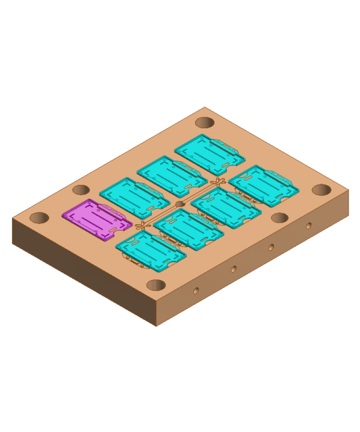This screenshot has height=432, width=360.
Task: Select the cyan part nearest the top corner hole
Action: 209,155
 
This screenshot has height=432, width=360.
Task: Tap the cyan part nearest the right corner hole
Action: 263,185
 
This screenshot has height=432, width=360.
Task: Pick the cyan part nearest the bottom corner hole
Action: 151,250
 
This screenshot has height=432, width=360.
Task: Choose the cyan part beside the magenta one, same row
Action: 134,198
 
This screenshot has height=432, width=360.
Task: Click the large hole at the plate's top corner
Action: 205,123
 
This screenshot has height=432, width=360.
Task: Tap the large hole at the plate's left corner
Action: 39,218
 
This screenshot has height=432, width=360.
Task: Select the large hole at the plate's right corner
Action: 322,190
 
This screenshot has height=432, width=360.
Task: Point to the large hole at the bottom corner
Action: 156,285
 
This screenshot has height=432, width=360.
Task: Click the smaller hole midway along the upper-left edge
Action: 81,190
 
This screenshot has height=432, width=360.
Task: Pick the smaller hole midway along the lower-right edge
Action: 280,218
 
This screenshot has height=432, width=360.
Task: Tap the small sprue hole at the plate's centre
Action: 180,204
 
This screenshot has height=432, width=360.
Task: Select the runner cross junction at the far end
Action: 217,182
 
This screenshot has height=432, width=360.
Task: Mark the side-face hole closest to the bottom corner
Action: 196,291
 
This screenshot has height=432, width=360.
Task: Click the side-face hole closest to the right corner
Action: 309,226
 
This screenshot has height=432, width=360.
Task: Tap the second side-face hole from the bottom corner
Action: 234,269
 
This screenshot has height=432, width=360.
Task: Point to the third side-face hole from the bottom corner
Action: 271,248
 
